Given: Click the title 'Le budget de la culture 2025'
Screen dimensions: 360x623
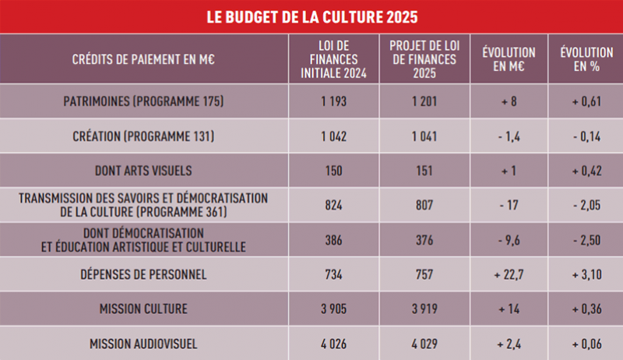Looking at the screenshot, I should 311,16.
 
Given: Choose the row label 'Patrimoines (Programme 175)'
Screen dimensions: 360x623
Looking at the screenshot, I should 143,101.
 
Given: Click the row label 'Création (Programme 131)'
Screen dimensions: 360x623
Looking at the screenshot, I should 143,136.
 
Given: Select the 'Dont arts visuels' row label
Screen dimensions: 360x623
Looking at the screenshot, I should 143,171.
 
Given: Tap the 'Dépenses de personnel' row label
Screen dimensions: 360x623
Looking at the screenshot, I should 143,274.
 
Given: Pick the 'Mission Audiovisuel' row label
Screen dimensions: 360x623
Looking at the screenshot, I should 143,344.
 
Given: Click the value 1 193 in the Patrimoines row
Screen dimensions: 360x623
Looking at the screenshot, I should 333,101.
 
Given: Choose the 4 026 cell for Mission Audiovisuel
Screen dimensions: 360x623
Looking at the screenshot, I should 333,344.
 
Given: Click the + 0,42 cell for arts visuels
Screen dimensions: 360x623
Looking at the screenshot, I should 585,171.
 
